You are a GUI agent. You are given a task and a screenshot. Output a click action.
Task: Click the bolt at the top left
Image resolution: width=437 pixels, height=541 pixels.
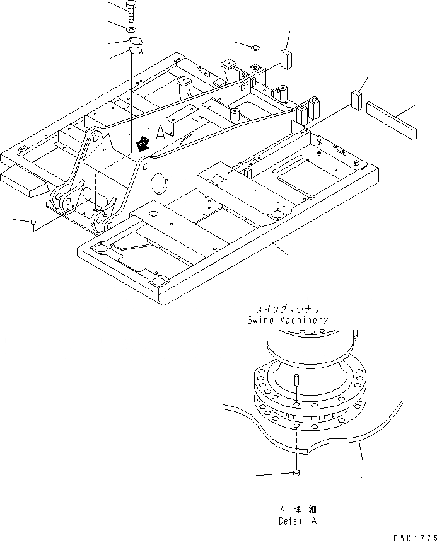tap(131, 12)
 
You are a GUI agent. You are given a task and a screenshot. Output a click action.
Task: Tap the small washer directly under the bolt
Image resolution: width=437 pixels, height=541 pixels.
tap(131, 30)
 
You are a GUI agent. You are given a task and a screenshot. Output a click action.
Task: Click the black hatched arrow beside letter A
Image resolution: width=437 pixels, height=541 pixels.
tap(144, 144)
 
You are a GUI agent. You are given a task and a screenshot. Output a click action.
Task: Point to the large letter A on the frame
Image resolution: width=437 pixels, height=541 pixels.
tap(160, 132)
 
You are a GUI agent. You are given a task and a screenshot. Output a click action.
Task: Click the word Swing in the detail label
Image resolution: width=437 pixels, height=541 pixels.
tap(260, 320)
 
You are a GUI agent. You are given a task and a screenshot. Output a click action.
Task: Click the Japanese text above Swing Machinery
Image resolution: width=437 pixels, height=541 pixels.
tap(288, 309)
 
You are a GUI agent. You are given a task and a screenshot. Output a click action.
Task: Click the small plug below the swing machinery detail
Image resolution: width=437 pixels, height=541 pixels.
tap(296, 474)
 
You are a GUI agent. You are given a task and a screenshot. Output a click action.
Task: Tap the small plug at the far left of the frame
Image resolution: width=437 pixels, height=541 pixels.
tap(33, 222)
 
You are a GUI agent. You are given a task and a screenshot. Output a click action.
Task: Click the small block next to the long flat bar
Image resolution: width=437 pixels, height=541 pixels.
tap(357, 100)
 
